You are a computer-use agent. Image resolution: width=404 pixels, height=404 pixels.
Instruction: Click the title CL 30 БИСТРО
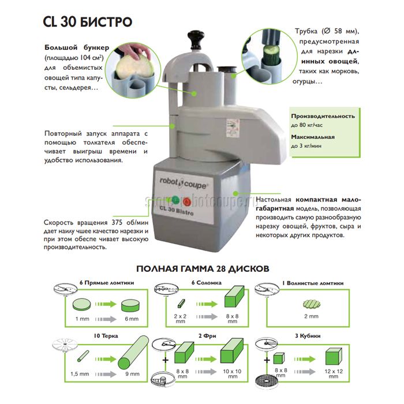coord(87,22)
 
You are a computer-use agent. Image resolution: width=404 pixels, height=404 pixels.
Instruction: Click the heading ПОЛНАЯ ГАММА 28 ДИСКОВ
coord(202,268)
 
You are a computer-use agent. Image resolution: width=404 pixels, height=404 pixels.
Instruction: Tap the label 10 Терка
coord(100,335)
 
